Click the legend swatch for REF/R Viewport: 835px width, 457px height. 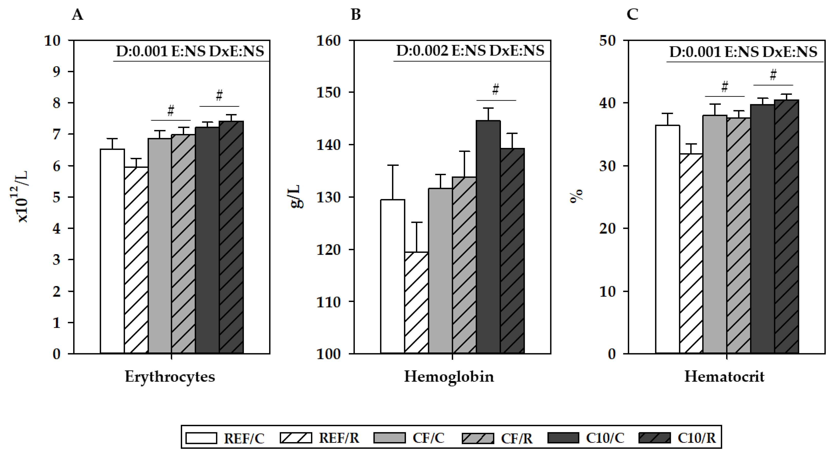[296, 438]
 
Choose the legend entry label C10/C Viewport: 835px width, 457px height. [605, 438]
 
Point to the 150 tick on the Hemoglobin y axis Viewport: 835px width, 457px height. [328, 92]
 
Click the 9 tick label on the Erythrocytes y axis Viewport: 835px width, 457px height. [56, 72]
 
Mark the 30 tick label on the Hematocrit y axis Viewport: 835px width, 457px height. [608, 166]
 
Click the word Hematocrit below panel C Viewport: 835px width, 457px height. [724, 377]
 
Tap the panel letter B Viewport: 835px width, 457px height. [356, 15]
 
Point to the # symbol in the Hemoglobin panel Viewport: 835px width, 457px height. [496, 89]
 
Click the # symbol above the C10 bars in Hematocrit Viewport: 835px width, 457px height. [773, 75]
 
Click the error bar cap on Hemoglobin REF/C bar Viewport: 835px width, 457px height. [393, 165]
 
